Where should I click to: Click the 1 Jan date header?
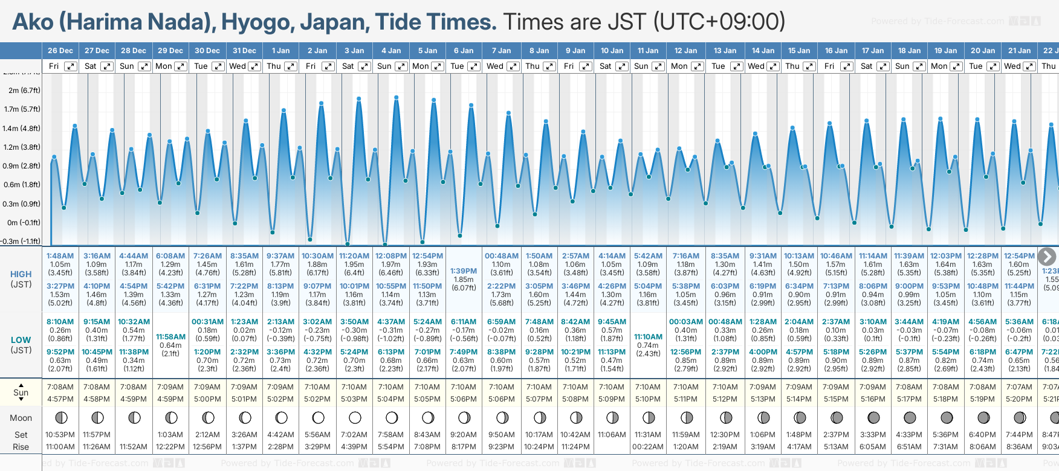[280, 51]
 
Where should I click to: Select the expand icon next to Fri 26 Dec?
[71, 66]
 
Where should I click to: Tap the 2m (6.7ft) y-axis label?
[24, 91]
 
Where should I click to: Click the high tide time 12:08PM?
[391, 256]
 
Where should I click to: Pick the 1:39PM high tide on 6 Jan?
[464, 271]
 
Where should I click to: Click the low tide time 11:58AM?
[170, 337]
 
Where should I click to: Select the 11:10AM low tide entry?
[648, 337]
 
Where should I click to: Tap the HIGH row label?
[21, 274]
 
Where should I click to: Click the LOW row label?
[21, 340]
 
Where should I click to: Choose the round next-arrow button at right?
[1047, 257]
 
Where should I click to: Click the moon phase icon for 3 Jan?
[355, 418]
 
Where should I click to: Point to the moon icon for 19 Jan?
[947, 418]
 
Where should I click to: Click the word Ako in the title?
[33, 22]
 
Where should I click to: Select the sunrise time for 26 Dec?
[60, 387]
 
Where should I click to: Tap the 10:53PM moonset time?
[60, 435]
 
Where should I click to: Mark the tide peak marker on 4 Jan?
[396, 97]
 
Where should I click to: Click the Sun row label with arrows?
[21, 392]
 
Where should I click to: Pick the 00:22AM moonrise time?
[648, 447]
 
